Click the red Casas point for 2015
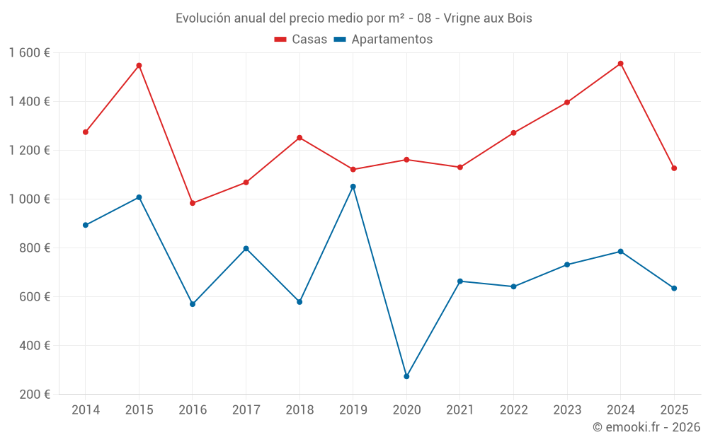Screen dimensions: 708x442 click(x=139, y=65)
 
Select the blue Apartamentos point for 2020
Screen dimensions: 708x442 click(x=406, y=376)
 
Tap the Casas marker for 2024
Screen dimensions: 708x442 click(x=620, y=64)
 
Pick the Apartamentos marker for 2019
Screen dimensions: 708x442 click(x=353, y=186)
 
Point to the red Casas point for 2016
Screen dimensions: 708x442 click(x=193, y=203)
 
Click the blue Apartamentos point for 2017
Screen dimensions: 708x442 click(x=246, y=248)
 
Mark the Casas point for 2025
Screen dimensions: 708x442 click(x=674, y=168)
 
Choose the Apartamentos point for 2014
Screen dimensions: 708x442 click(x=86, y=225)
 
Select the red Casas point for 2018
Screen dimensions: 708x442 click(x=299, y=138)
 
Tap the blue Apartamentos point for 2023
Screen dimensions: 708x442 click(x=567, y=264)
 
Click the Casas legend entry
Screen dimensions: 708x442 click(x=301, y=39)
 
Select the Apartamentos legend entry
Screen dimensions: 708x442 click(x=383, y=39)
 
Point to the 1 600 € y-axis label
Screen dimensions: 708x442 click(x=29, y=53)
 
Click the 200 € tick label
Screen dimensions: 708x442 click(x=35, y=394)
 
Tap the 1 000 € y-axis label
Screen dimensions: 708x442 click(x=29, y=199)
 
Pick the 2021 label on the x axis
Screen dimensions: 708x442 click(x=459, y=409)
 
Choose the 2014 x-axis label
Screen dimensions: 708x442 click(x=86, y=409)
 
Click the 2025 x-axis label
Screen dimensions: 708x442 click(x=674, y=409)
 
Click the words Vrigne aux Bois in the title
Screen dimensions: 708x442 click(x=488, y=18)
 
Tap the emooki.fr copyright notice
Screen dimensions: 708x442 click(x=646, y=426)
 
